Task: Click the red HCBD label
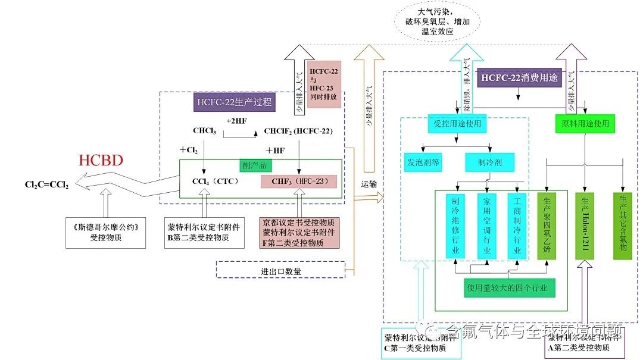pyautogui.click(x=101, y=161)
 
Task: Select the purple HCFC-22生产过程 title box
pyautogui.click(x=234, y=102)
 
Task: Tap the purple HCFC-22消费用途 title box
pyautogui.click(x=519, y=77)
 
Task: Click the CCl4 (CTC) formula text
pyautogui.click(x=215, y=181)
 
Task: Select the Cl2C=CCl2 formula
pyautogui.click(x=47, y=185)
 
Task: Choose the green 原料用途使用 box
pyautogui.click(x=585, y=124)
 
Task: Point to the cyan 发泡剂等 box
pyautogui.click(x=423, y=162)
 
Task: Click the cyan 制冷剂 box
pyautogui.click(x=489, y=162)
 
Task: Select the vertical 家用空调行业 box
pyautogui.click(x=486, y=226)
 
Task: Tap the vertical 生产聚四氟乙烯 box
pyautogui.click(x=547, y=226)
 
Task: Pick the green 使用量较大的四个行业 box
pyautogui.click(x=510, y=288)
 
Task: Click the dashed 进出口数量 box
pyautogui.click(x=280, y=270)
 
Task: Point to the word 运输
pyautogui.click(x=370, y=185)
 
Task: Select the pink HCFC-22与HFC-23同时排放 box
pyautogui.click(x=324, y=84)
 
